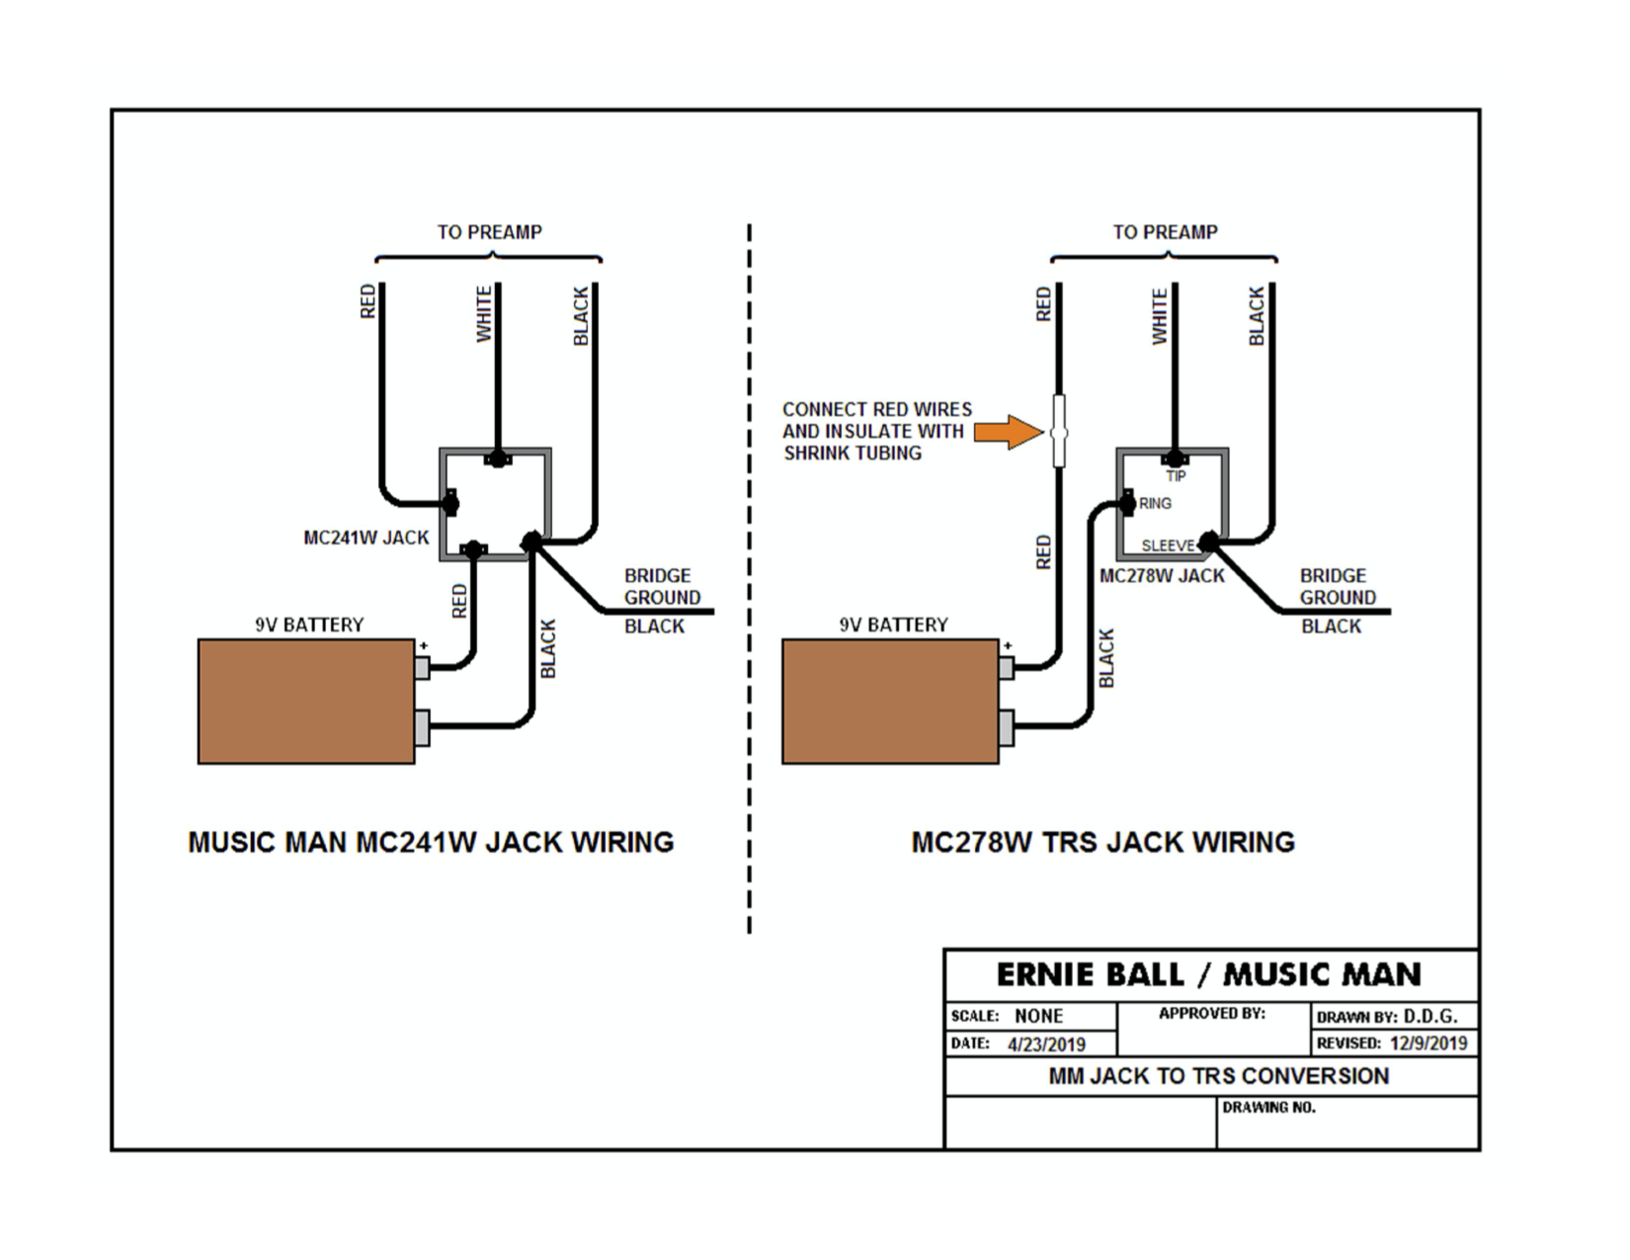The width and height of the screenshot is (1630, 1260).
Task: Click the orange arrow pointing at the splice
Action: point(1008,432)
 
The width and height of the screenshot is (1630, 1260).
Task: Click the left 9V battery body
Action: point(306,702)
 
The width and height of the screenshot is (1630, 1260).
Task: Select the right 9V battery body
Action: point(890,702)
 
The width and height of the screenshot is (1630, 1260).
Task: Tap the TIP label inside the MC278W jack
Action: point(1176,476)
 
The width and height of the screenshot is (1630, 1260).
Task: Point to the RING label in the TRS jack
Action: point(1155,503)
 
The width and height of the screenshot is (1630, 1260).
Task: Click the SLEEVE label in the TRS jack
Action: point(1168,546)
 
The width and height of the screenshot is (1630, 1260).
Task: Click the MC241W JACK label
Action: point(366,538)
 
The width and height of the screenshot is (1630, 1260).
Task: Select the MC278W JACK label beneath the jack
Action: point(1162,575)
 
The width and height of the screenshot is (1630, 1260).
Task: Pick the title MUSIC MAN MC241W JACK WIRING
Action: point(431,842)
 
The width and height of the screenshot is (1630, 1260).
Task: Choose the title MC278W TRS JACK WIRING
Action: point(1102,842)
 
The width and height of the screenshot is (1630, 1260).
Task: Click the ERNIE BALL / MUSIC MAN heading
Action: point(1208,974)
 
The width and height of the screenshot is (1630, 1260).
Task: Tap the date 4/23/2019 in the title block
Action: point(1046,1045)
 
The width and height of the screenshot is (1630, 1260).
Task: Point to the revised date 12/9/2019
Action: point(1427,1043)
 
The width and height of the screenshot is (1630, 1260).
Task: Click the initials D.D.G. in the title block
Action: point(1430,1015)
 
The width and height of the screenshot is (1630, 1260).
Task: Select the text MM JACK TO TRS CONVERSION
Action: point(1218,1075)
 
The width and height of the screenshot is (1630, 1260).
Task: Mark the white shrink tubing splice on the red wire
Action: point(1059,432)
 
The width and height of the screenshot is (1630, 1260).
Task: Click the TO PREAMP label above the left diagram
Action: point(489,232)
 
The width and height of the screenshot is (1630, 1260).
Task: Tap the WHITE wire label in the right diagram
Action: point(1160,316)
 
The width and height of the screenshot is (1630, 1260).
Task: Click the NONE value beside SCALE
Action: point(1038,1016)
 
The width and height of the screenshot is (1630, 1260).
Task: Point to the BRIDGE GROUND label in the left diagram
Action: point(662,586)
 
